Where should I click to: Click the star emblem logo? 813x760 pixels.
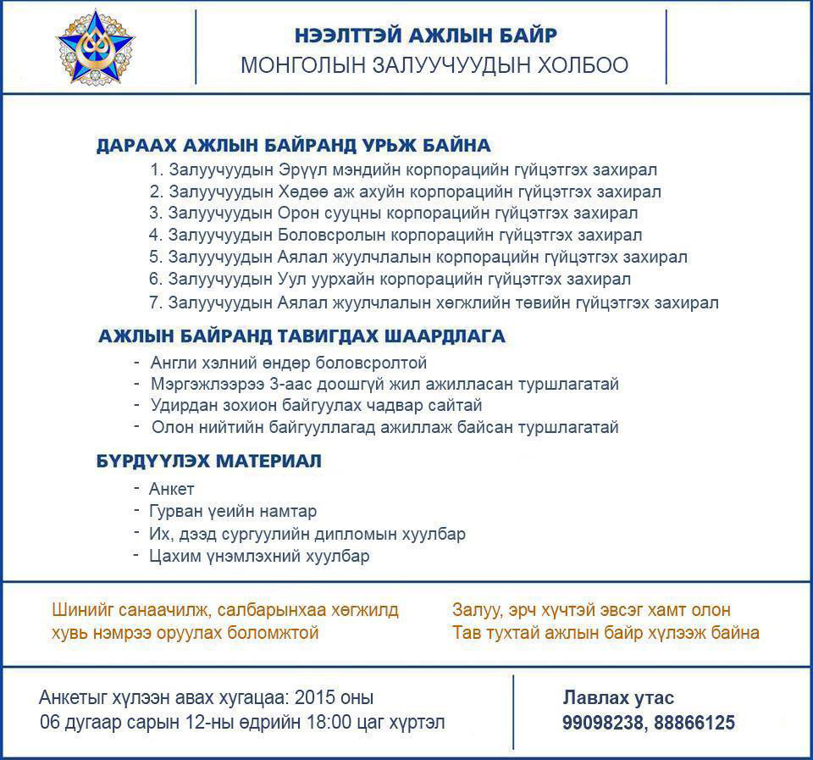point(94,47)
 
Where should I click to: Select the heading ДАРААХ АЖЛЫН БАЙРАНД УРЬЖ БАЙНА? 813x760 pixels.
point(293,145)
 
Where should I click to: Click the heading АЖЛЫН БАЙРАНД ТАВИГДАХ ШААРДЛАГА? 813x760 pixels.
point(301,336)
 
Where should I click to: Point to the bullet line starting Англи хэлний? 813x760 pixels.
point(289,363)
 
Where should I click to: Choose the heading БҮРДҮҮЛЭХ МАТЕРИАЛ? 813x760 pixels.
point(208,462)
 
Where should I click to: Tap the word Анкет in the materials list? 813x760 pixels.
point(172,489)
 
